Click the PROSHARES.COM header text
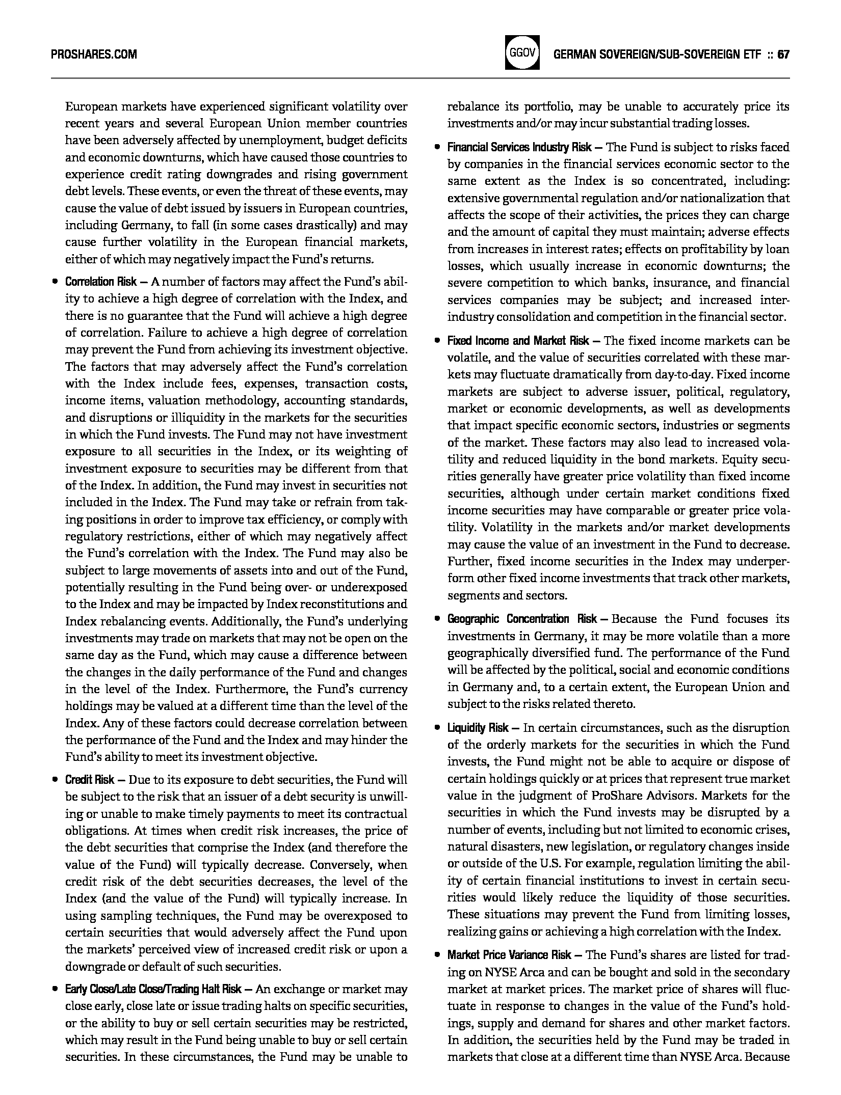[94, 54]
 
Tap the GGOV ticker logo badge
[522, 53]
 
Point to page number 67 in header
[783, 54]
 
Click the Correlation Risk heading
[101, 282]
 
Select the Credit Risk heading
[90, 780]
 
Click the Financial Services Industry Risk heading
[519, 148]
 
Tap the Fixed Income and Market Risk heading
[517, 341]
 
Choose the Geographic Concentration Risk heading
[522, 619]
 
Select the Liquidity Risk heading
[478, 728]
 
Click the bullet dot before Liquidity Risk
[437, 728]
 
